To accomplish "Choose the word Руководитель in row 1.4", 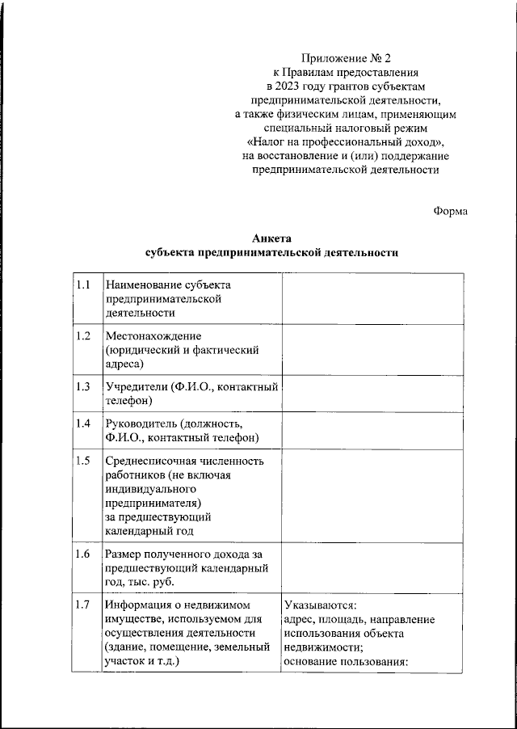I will [x=141, y=423].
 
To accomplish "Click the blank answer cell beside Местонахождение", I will [x=372, y=349].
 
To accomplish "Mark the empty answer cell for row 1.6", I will [x=372, y=567].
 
